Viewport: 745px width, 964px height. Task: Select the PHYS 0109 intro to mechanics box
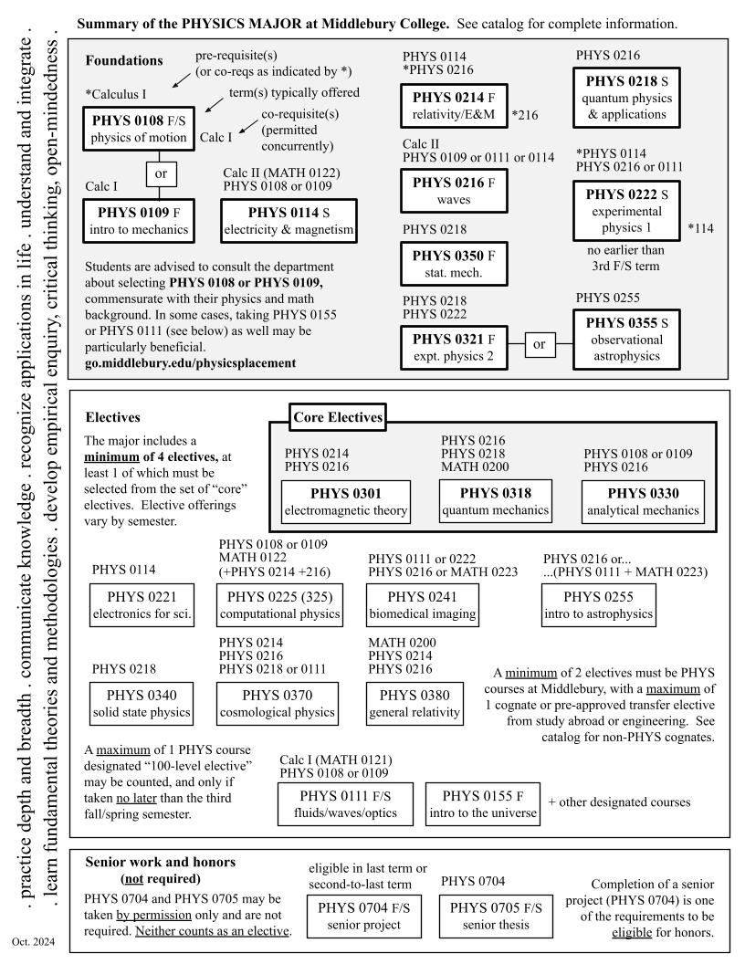click(x=138, y=219)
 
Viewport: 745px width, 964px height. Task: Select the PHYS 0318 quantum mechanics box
click(x=493, y=498)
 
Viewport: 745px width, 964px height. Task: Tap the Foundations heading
click(x=124, y=61)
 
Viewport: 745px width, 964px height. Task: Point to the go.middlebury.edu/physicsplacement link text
click(x=190, y=362)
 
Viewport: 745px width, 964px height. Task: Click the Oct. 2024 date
click(x=30, y=940)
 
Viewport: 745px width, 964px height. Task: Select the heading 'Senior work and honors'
click(x=160, y=863)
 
